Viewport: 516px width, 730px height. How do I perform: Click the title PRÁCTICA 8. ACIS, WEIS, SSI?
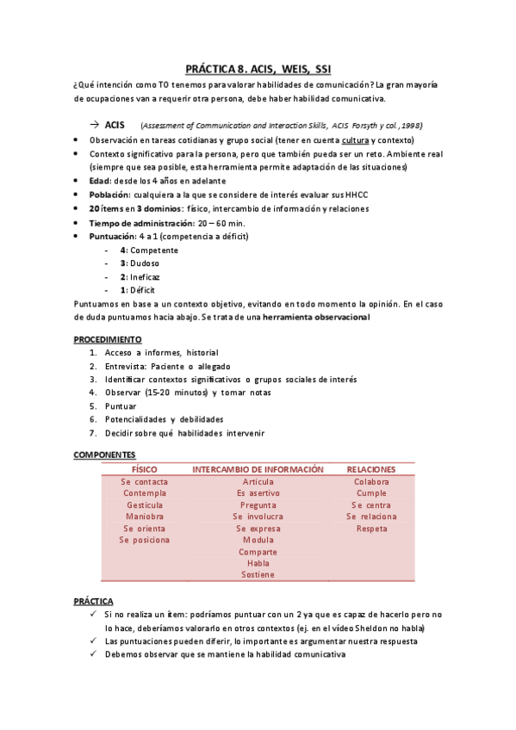pyautogui.click(x=258, y=68)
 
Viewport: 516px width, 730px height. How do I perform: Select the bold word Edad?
pyautogui.click(x=99, y=181)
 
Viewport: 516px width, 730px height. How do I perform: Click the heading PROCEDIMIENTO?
pyautogui.click(x=108, y=339)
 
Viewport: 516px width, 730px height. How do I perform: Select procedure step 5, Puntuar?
pyautogui.click(x=121, y=405)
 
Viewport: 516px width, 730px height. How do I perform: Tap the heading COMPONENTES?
pyautogui.click(x=104, y=455)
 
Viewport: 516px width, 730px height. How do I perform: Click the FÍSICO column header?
pyautogui.click(x=144, y=469)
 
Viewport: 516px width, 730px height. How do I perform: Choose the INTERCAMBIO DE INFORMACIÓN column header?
pyautogui.click(x=258, y=469)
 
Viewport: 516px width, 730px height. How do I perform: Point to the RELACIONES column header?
pyautogui.click(x=371, y=469)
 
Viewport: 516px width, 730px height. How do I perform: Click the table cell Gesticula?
pyautogui.click(x=144, y=505)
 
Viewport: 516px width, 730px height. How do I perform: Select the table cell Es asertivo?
pyautogui.click(x=258, y=493)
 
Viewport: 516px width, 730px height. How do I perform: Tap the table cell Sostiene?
pyautogui.click(x=258, y=574)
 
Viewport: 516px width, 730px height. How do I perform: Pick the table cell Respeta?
pyautogui.click(x=371, y=529)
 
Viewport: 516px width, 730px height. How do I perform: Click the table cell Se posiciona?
pyautogui.click(x=144, y=540)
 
